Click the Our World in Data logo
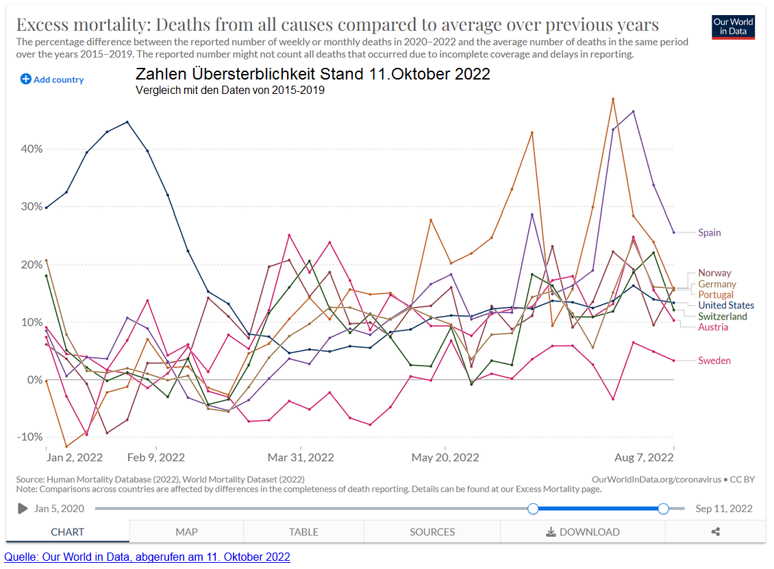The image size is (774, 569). coord(733,27)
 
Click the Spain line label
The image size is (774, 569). coord(709,232)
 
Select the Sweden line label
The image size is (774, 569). coord(714,361)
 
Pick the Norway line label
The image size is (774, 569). coord(714,273)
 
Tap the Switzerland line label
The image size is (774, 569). coord(723,316)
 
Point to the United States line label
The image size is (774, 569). coord(726,305)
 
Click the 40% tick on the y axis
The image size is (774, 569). coord(32,149)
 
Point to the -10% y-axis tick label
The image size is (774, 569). coord(30,437)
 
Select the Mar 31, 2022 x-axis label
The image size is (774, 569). coord(301,457)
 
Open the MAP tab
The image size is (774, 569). coord(186,532)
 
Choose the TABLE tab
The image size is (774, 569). coord(303,532)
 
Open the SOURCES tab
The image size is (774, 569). coord(432,532)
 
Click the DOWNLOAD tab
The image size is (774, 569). coord(583,532)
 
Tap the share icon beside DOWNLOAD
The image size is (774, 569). coord(716,532)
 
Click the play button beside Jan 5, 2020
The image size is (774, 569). coord(23,509)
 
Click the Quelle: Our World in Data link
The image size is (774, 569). coord(147,557)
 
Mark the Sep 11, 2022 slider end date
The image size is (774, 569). coord(724,509)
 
